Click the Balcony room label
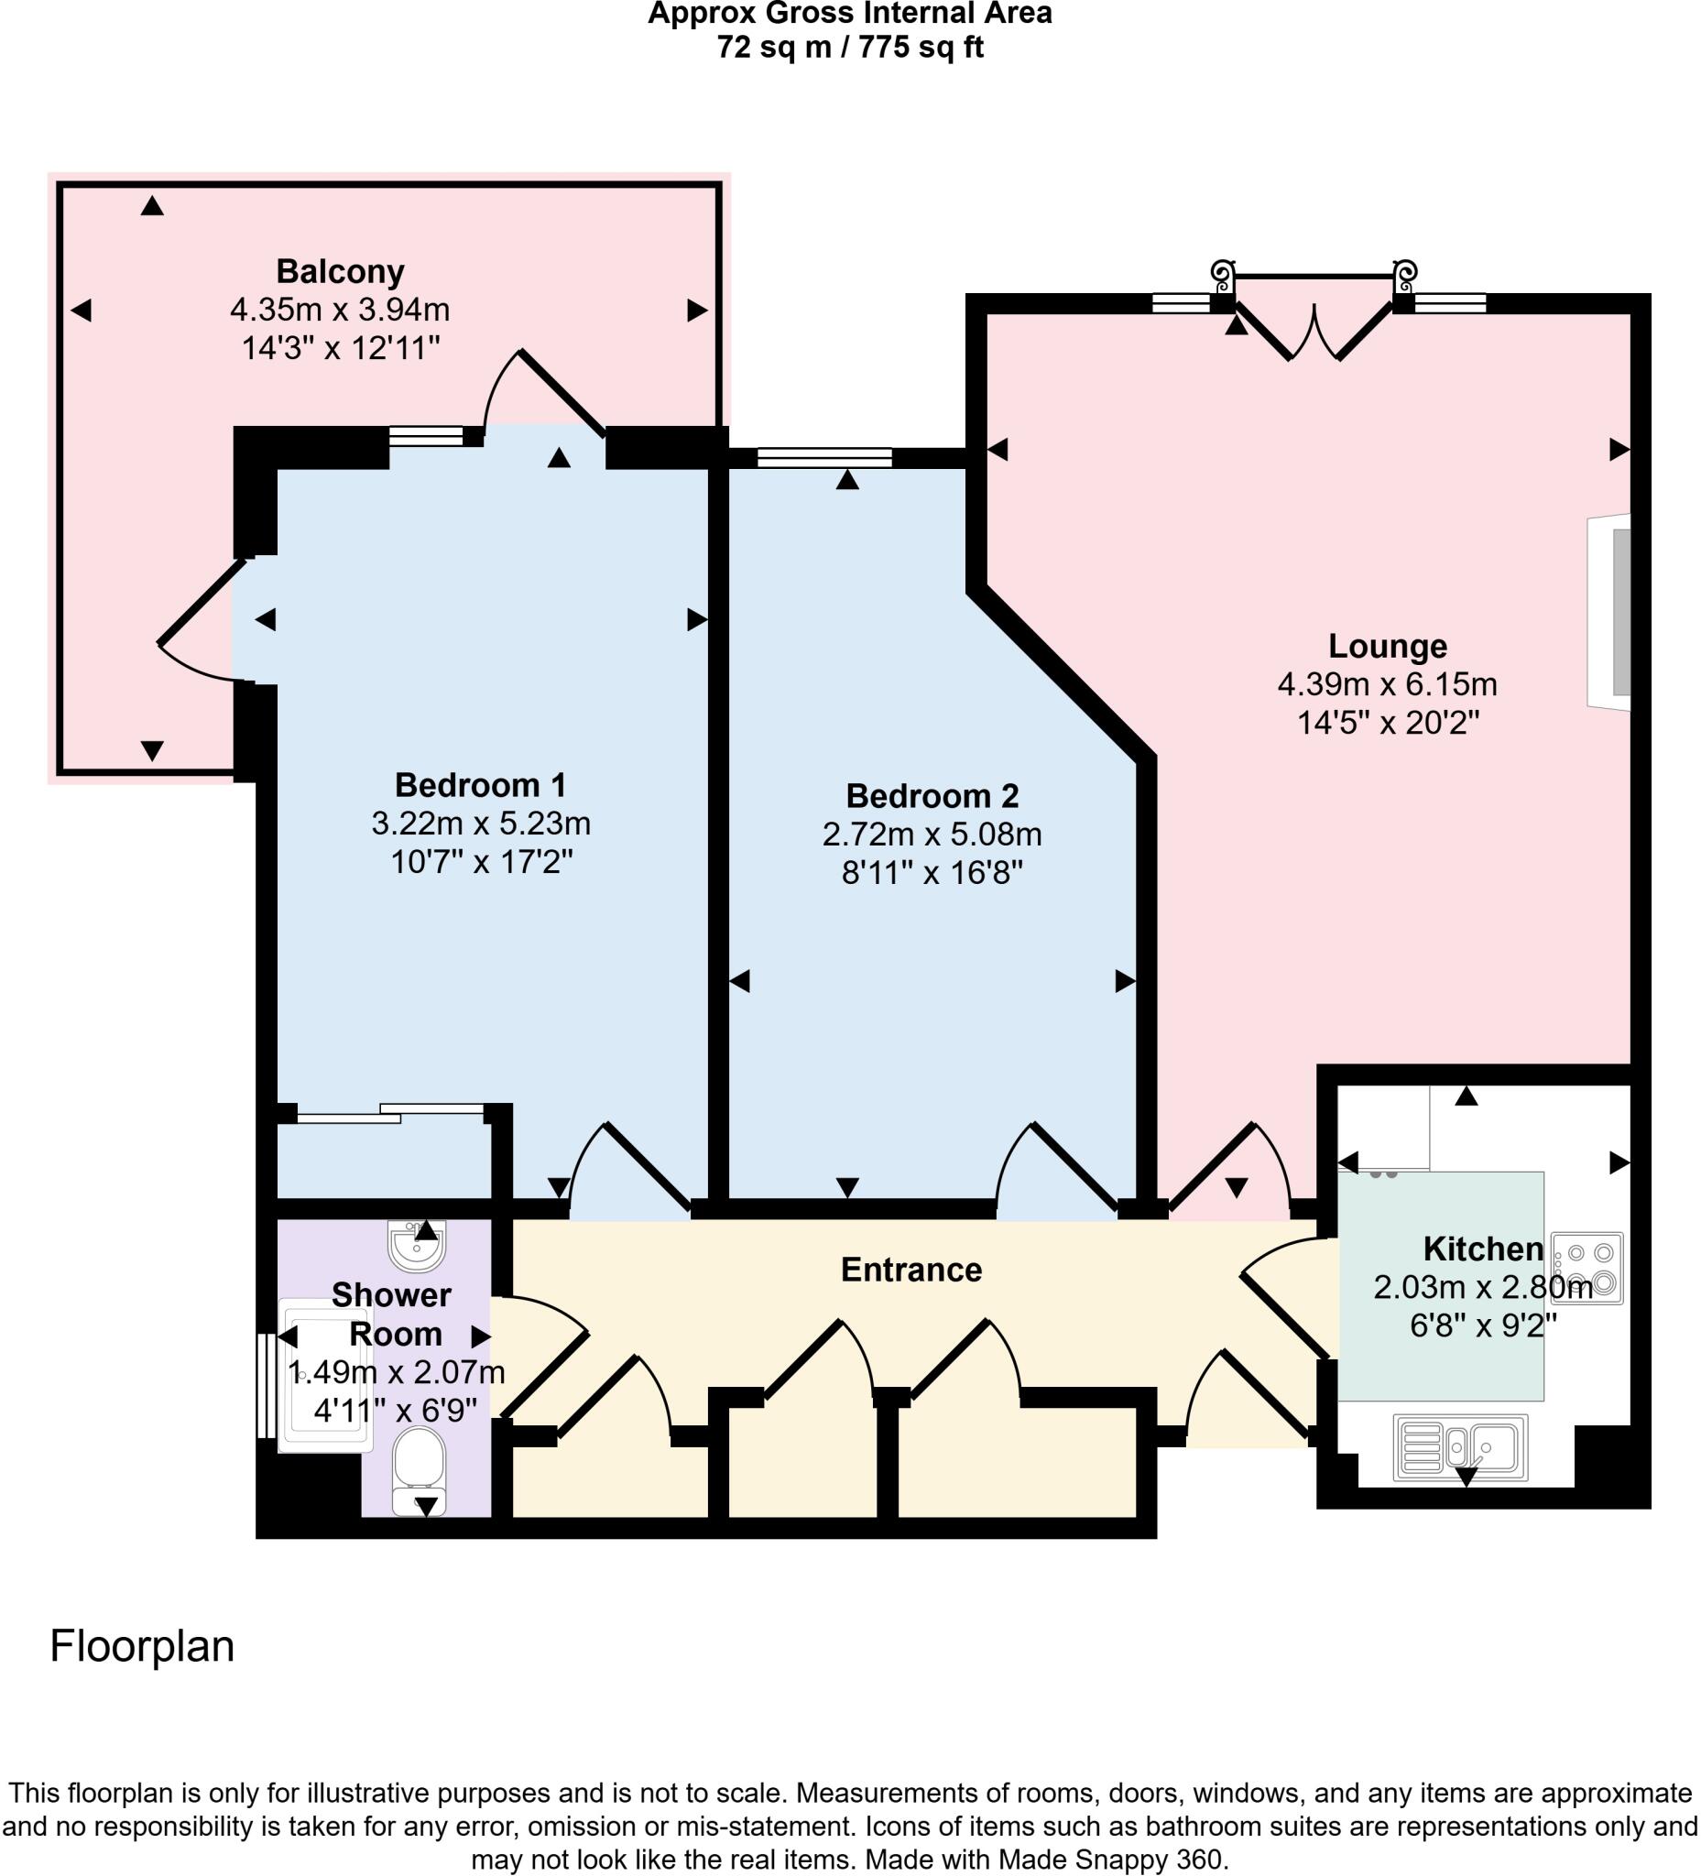click(x=341, y=272)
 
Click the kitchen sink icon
click(x=1459, y=1448)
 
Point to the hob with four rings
click(x=1587, y=1269)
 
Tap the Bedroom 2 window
click(x=824, y=457)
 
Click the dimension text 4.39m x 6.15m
click(x=1388, y=685)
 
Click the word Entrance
click(x=911, y=1271)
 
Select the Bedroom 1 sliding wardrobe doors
click(x=391, y=1112)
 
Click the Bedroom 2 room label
click(x=932, y=797)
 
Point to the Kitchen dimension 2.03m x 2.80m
click(x=1482, y=1288)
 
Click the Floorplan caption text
click(x=141, y=1646)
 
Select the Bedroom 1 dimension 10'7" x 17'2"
click(x=480, y=863)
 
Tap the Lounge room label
click(x=1388, y=646)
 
